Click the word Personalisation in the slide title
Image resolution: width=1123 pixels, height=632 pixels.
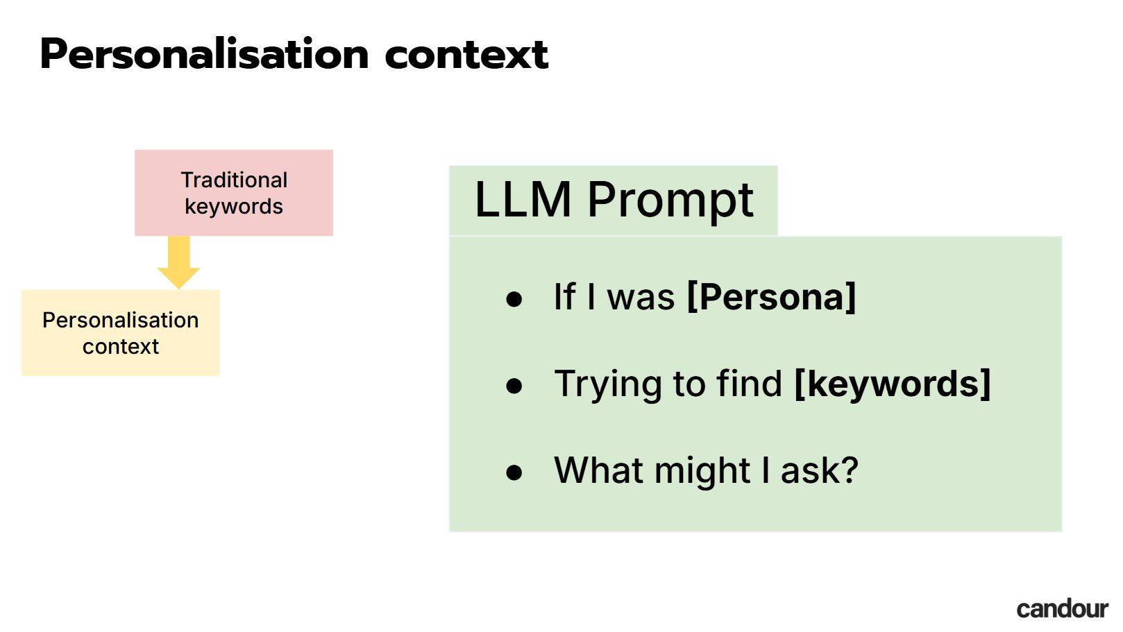click(205, 54)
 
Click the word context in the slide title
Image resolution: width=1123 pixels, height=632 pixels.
click(466, 55)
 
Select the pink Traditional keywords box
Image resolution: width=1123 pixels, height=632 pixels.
click(234, 192)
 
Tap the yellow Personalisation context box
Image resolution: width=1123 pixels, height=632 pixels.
click(120, 332)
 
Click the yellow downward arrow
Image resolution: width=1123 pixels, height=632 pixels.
click(178, 262)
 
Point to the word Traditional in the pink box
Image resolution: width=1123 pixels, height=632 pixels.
click(234, 180)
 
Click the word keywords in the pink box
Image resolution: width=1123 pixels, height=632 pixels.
click(234, 207)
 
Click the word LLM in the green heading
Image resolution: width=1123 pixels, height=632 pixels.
click(523, 200)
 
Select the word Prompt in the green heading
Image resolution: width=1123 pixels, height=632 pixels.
click(670, 201)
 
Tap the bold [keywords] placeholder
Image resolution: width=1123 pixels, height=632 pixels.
click(893, 384)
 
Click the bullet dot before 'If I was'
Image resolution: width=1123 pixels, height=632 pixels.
click(514, 299)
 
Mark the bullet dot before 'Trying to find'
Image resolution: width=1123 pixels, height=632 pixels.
click(514, 386)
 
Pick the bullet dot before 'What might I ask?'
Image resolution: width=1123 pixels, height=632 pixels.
click(514, 472)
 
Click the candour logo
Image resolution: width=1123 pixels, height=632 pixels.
click(1063, 609)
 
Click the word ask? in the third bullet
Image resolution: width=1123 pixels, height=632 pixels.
click(820, 470)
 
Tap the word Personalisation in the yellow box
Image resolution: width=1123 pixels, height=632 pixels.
click(120, 320)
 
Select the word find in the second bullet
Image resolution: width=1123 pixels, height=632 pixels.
click(749, 384)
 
